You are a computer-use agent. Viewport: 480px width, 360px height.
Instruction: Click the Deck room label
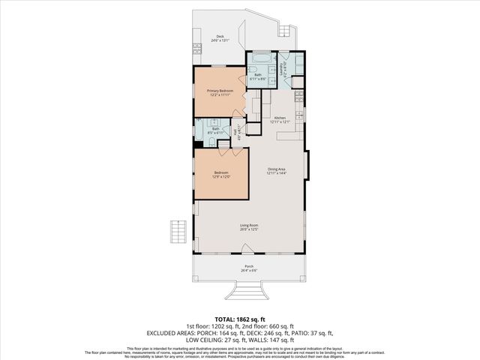pyautogui.click(x=220, y=36)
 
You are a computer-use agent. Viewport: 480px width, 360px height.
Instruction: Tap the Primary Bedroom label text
pyautogui.click(x=220, y=91)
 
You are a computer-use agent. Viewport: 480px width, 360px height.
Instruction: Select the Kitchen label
pyautogui.click(x=280, y=118)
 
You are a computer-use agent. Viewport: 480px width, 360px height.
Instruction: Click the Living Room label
pyautogui.click(x=249, y=226)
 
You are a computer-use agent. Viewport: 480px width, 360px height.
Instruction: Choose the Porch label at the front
pyautogui.click(x=248, y=266)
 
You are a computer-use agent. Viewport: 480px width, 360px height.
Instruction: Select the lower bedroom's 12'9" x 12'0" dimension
pyautogui.click(x=220, y=177)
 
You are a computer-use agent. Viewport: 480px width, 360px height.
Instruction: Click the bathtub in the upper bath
pyautogui.click(x=261, y=57)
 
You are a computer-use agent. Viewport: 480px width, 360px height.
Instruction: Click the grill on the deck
pyautogui.click(x=198, y=48)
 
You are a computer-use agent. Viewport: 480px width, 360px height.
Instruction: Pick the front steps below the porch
pyautogui.click(x=248, y=289)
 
